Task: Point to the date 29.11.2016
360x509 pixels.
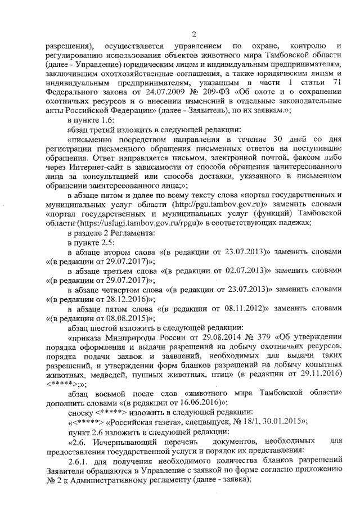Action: click(318, 374)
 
